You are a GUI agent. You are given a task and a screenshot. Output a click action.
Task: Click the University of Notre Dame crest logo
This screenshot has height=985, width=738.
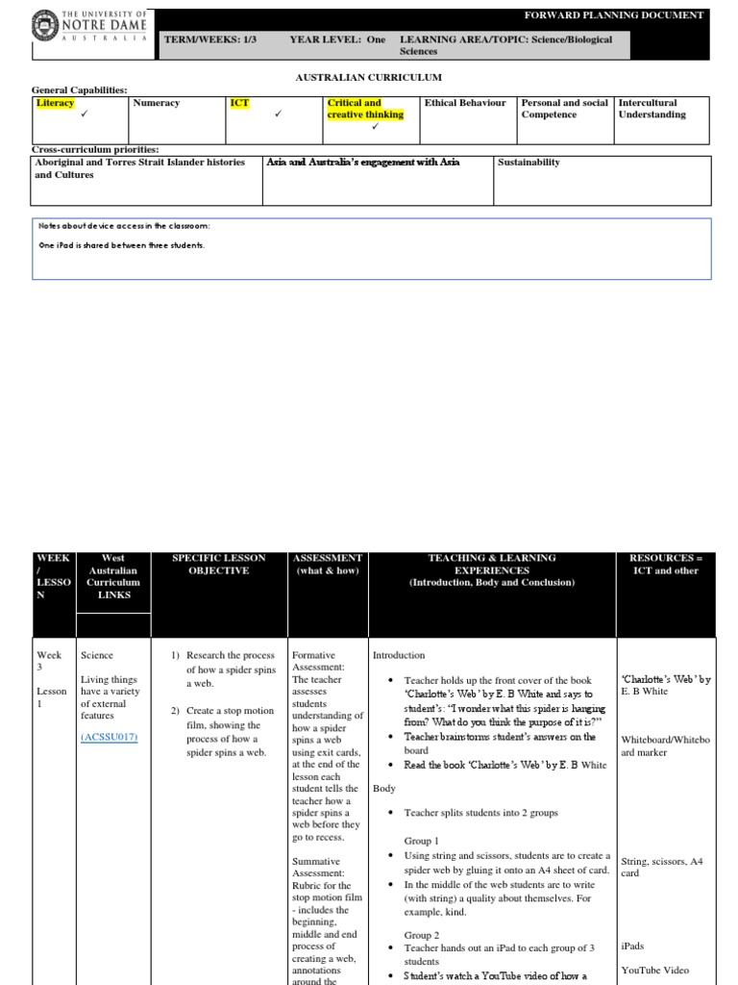pyautogui.click(x=45, y=27)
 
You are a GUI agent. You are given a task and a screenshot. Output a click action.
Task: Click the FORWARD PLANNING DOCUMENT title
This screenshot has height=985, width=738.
pyautogui.click(x=613, y=15)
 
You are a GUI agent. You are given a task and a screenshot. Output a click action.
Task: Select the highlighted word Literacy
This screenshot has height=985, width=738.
pyautogui.click(x=55, y=103)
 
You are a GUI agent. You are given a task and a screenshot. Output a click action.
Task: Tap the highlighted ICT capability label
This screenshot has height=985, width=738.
pyautogui.click(x=239, y=103)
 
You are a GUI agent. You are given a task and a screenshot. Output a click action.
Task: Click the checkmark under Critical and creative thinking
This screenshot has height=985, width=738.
pyautogui.click(x=375, y=127)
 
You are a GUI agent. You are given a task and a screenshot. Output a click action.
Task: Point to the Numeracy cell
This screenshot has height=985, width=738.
pyautogui.click(x=156, y=103)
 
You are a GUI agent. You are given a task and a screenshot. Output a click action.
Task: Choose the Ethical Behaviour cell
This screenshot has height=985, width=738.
pyautogui.click(x=465, y=103)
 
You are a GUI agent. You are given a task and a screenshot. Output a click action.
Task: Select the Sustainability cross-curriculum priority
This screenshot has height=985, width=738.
pyautogui.click(x=529, y=163)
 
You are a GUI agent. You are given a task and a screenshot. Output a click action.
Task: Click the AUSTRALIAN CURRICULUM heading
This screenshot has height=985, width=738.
pyautogui.click(x=368, y=76)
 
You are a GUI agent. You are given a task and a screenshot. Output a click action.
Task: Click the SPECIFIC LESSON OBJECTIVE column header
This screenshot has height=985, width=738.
pyautogui.click(x=209, y=565)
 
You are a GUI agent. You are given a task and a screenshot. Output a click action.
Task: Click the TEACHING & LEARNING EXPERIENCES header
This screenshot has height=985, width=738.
pyautogui.click(x=491, y=570)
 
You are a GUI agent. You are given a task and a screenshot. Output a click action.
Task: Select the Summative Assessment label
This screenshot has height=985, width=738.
pyautogui.click(x=316, y=868)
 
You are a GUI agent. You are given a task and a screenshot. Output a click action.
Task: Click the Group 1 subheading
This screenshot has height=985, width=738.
pyautogui.click(x=421, y=841)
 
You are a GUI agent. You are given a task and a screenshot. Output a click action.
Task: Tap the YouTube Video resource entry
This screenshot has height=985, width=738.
pyautogui.click(x=655, y=970)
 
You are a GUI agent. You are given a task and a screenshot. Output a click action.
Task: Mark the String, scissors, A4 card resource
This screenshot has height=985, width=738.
pyautogui.click(x=661, y=868)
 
